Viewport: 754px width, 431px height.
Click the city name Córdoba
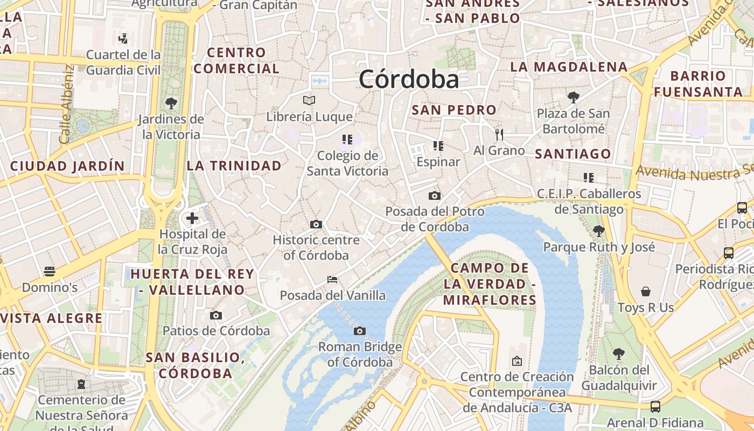click(x=409, y=80)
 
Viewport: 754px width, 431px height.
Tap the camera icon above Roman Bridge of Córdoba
click(x=360, y=331)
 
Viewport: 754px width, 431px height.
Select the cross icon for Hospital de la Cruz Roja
click(x=192, y=218)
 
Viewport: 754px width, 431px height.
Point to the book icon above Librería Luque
click(x=309, y=100)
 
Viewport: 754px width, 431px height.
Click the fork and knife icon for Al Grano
click(x=499, y=134)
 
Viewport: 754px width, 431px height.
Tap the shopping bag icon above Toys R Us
click(x=646, y=291)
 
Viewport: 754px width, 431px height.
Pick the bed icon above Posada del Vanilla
click(x=332, y=280)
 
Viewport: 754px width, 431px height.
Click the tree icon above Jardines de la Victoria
click(x=171, y=102)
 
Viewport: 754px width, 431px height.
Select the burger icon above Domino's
click(x=50, y=271)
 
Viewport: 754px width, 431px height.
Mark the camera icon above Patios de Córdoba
click(x=216, y=315)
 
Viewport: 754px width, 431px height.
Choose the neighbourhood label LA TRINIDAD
click(x=234, y=166)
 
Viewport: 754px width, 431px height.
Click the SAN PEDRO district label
click(x=454, y=110)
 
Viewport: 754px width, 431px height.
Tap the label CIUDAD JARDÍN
click(x=67, y=166)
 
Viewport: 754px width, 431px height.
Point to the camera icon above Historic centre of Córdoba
click(x=316, y=224)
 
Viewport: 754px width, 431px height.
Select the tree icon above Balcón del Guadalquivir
click(x=619, y=354)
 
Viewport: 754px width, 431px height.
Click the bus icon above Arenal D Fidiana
click(x=655, y=407)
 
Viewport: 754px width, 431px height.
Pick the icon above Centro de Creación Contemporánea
click(x=517, y=360)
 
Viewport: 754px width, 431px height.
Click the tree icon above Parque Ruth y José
click(x=598, y=231)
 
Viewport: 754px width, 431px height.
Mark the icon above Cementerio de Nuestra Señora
click(x=81, y=384)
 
